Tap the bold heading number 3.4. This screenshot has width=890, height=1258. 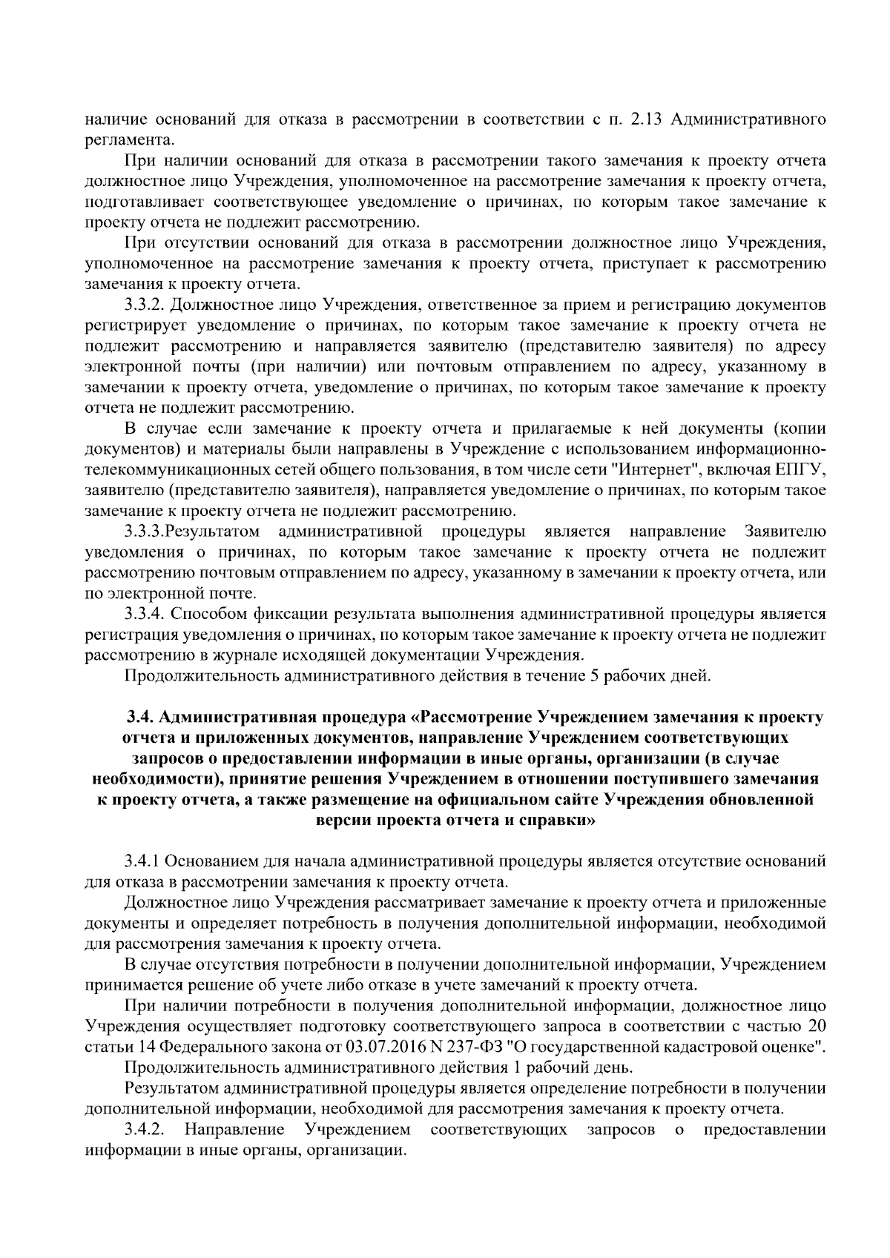point(140,718)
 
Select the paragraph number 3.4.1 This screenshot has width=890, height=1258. point(142,861)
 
